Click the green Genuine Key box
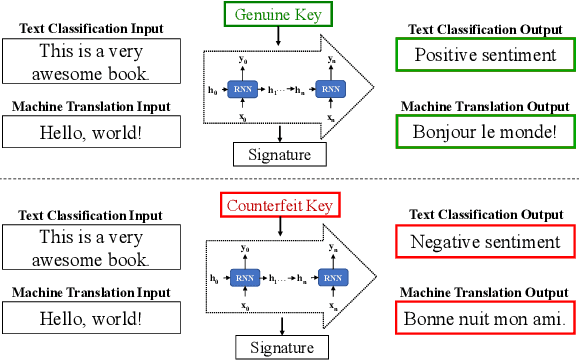pyautogui.click(x=279, y=16)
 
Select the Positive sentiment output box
pyautogui.click(x=485, y=56)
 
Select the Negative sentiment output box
pyautogui.click(x=485, y=242)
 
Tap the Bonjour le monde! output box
pyautogui.click(x=485, y=130)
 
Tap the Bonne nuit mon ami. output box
pyautogui.click(x=485, y=319)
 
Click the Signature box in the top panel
pyautogui.click(x=280, y=154)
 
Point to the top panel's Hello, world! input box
pyautogui.click(x=91, y=131)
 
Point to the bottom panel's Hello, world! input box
pyautogui.click(x=91, y=319)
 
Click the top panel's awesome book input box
pyautogui.click(x=91, y=62)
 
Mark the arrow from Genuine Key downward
pyautogui.click(x=279, y=37)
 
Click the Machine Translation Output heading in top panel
pyautogui.click(x=485, y=106)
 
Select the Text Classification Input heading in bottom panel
pyautogui.click(x=91, y=216)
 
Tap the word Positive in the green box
pyautogui.click(x=445, y=56)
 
